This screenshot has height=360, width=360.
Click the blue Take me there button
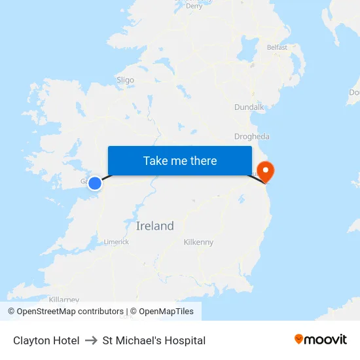179,161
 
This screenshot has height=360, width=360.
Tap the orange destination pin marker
266,171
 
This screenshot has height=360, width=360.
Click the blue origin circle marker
95,183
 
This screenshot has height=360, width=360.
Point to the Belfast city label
277,48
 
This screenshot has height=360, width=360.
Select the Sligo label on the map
125,81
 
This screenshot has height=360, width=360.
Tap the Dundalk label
249,107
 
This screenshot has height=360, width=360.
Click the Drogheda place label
251,137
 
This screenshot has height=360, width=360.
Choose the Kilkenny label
198,242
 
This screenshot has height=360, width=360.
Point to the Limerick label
117,242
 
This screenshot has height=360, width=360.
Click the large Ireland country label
155,226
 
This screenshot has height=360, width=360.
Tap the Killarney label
63,300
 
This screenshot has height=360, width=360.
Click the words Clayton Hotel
46,340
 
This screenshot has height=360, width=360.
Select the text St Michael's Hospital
154,340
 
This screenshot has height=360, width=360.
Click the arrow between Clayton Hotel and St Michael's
91,340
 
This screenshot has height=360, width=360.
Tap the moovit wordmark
326,340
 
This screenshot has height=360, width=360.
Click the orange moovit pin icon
299,339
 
